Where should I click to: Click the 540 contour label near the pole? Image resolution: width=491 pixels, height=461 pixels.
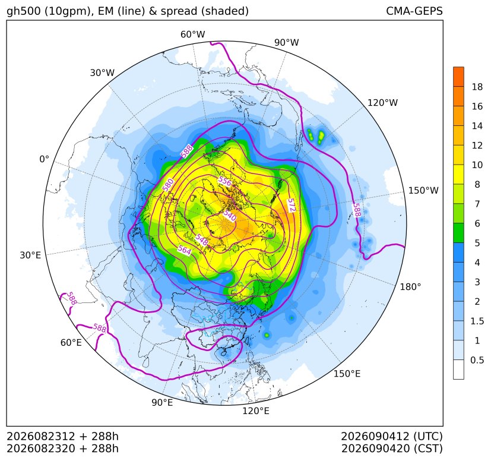tap(230, 215)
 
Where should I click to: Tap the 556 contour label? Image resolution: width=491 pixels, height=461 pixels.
tap(224, 181)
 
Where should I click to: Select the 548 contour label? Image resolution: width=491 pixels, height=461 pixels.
tap(202, 240)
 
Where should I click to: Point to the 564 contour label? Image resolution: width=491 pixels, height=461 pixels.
tap(185, 250)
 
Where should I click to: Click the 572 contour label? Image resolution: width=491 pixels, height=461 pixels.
tap(292, 205)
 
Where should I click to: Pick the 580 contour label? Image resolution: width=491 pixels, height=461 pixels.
tap(168, 185)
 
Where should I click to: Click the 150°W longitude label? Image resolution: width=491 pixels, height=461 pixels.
tap(423, 190)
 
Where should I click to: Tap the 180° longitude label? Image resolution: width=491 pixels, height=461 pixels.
tap(410, 286)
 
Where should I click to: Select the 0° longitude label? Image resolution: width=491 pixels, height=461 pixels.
tap(44, 159)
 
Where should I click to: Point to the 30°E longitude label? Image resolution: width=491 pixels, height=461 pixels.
tap(30, 255)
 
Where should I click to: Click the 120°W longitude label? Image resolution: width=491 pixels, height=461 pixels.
tap(382, 103)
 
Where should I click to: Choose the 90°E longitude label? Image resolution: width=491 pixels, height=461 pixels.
tap(162, 402)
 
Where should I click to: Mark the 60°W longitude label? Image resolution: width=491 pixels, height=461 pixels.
tap(192, 34)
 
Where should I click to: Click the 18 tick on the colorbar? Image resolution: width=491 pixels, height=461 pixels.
tap(477, 87)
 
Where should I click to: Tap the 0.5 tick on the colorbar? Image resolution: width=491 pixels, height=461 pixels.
tap(477, 360)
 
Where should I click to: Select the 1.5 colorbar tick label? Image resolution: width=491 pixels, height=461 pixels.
tap(477, 321)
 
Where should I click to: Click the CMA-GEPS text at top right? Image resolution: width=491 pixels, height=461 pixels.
tap(414, 11)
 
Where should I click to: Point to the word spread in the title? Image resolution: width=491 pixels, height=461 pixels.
tap(178, 11)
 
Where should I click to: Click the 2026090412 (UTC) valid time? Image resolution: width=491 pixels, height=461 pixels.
tap(392, 436)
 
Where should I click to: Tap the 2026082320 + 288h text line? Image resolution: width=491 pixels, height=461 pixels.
tap(62, 449)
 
